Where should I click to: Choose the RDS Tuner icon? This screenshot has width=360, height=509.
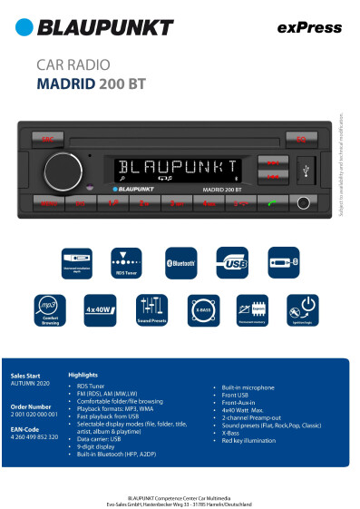[x=126, y=259]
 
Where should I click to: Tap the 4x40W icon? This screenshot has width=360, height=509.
[x=100, y=309]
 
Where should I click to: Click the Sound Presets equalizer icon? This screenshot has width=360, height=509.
[x=151, y=308]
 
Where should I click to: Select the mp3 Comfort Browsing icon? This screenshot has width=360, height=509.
[x=49, y=308]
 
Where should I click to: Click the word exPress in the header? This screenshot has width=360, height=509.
[x=303, y=28]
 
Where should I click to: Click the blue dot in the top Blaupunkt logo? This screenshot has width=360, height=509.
[x=24, y=28]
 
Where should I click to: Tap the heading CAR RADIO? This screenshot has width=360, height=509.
[x=72, y=65]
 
